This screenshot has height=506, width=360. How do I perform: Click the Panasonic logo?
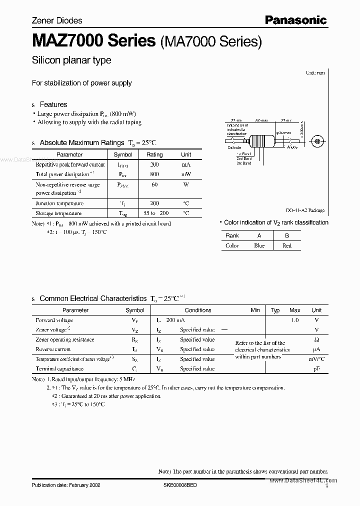tap(295, 20)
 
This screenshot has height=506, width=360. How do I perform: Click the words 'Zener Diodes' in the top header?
tap(57, 20)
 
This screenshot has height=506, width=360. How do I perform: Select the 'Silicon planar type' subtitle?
tap(71, 60)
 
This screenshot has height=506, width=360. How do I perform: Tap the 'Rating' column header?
tap(154, 155)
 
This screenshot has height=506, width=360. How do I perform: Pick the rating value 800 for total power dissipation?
tap(154, 174)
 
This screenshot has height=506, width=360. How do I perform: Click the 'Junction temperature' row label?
tap(59, 203)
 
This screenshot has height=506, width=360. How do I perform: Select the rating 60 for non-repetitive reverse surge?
tap(154, 184)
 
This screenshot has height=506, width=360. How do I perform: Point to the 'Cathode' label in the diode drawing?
tap(234, 147)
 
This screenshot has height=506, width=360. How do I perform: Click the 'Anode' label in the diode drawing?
tap(292, 147)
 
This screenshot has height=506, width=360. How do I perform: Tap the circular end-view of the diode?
tap(317, 142)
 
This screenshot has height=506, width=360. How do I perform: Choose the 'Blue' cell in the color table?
tap(259, 245)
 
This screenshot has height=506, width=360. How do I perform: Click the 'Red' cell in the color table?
tap(287, 245)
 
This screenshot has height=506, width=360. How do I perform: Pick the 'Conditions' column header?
tap(198, 310)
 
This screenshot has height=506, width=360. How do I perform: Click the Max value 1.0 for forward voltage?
tap(295, 320)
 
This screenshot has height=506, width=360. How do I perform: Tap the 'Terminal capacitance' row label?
tap(59, 368)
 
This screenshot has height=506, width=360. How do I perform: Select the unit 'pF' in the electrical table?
tap(316, 368)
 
